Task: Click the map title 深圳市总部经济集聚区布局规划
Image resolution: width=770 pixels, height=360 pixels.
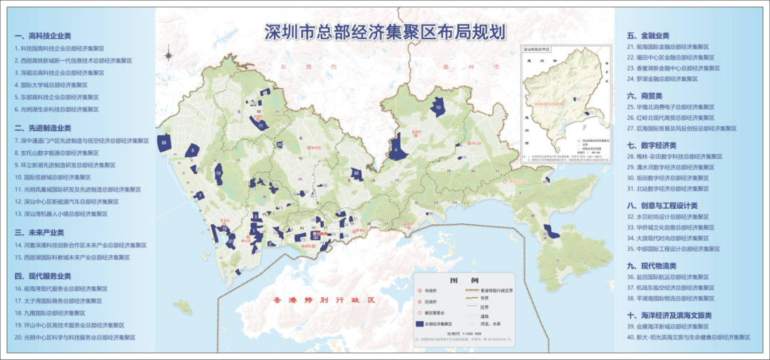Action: click(384, 32)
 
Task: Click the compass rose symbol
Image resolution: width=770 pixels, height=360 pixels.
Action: click(169, 53)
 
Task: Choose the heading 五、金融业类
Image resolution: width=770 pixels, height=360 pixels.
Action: click(648, 35)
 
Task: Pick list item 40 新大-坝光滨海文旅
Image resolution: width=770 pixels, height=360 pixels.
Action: click(688, 336)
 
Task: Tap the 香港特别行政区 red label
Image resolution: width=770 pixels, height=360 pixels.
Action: click(324, 300)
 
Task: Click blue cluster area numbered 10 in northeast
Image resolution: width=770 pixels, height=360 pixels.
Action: click(438, 108)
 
